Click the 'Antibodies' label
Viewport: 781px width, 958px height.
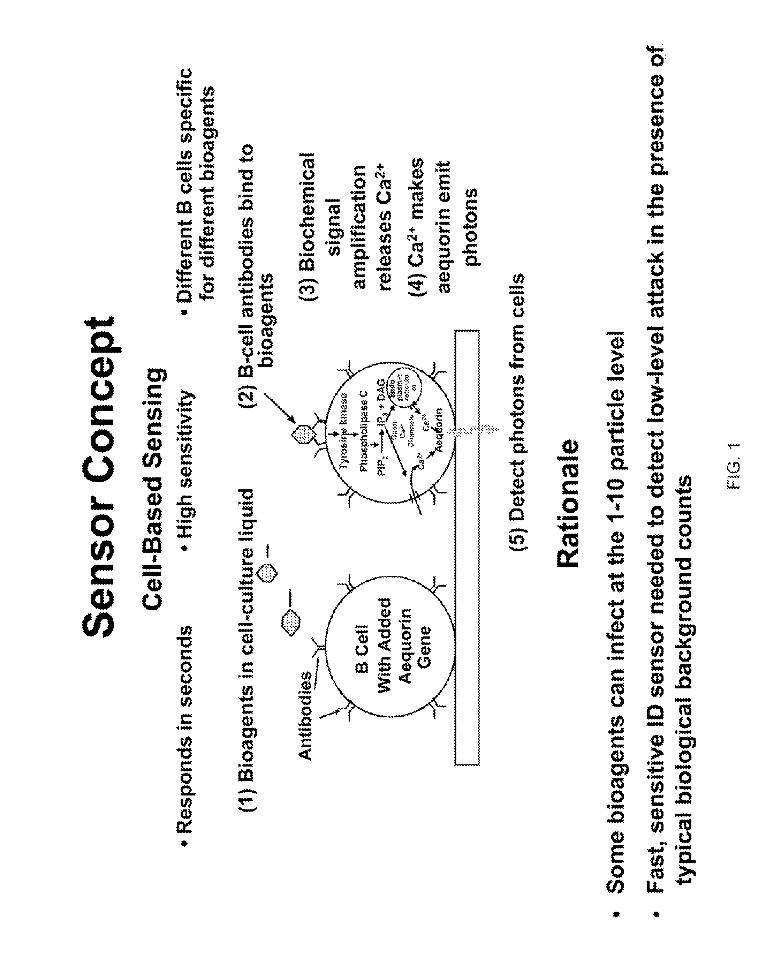click(306, 716)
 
